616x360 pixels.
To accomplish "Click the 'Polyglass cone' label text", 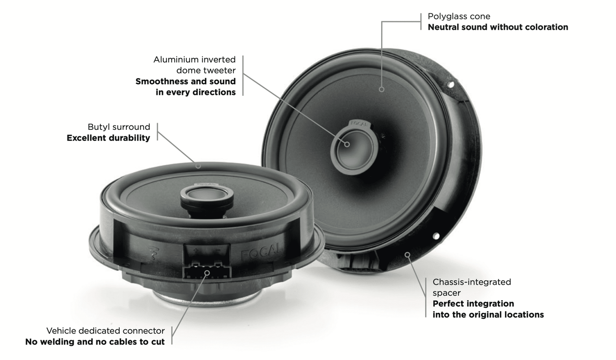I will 459,16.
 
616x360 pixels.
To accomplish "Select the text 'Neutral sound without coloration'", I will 497,27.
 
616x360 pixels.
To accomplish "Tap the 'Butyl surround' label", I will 119,127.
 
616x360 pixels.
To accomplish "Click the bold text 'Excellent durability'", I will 108,138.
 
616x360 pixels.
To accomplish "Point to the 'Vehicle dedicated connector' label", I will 106,331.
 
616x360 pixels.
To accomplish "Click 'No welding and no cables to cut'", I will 95,342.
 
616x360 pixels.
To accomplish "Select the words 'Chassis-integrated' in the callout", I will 471,282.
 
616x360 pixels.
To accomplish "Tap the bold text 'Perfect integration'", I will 473,304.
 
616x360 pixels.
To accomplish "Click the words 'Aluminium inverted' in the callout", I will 194,60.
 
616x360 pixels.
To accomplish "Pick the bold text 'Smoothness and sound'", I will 185,82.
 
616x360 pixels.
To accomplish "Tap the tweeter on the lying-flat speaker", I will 207,193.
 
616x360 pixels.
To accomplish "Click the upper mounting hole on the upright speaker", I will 449,85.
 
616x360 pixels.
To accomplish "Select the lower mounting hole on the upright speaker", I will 435,236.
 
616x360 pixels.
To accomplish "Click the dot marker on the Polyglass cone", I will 382,89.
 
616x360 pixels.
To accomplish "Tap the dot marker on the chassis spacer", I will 406,254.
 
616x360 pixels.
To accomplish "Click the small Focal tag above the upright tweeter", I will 358,123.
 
